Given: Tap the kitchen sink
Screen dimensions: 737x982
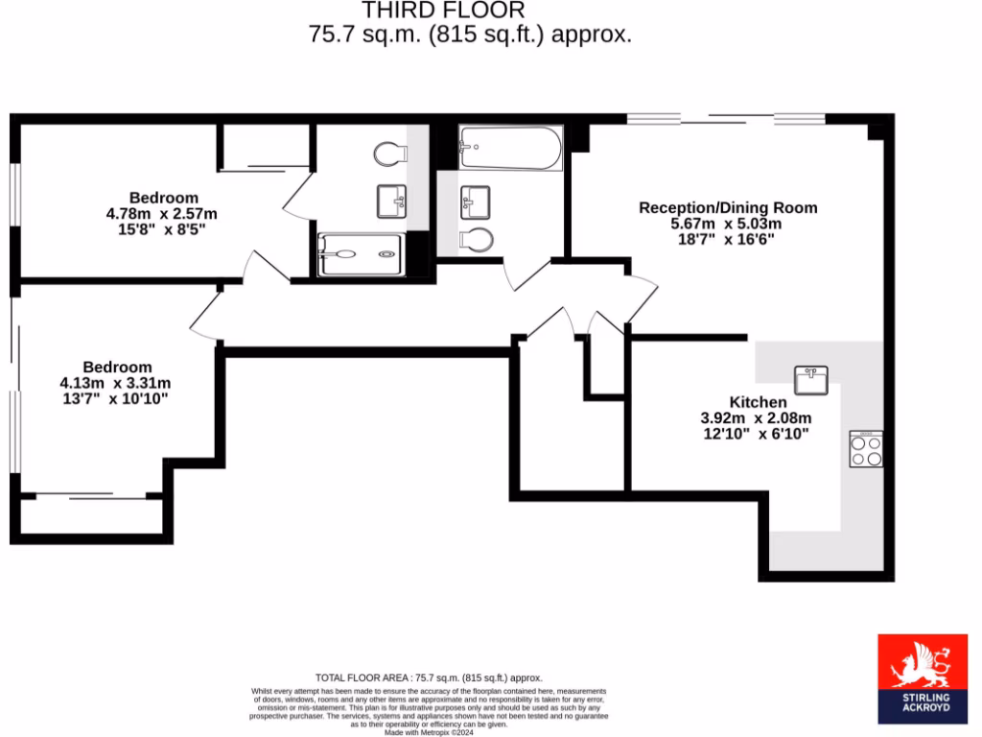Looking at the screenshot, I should [811, 379].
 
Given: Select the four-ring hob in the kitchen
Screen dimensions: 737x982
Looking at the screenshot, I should [866, 449].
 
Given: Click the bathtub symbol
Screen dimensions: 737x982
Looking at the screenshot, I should [509, 148].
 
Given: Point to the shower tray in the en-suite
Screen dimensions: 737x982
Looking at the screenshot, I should [360, 254].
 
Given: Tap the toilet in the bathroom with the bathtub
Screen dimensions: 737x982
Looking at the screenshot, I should [477, 238].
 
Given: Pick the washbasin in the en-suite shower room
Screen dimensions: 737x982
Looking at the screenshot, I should [391, 201].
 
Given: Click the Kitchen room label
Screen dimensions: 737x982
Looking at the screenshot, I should [758, 402].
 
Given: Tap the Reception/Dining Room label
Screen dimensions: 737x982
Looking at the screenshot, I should [728, 207].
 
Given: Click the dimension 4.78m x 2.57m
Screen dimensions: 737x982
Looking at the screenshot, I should [162, 214].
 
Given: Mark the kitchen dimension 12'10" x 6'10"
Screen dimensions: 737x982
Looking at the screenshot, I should [757, 434].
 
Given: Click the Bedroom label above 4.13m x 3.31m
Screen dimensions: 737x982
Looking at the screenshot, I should [117, 367].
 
